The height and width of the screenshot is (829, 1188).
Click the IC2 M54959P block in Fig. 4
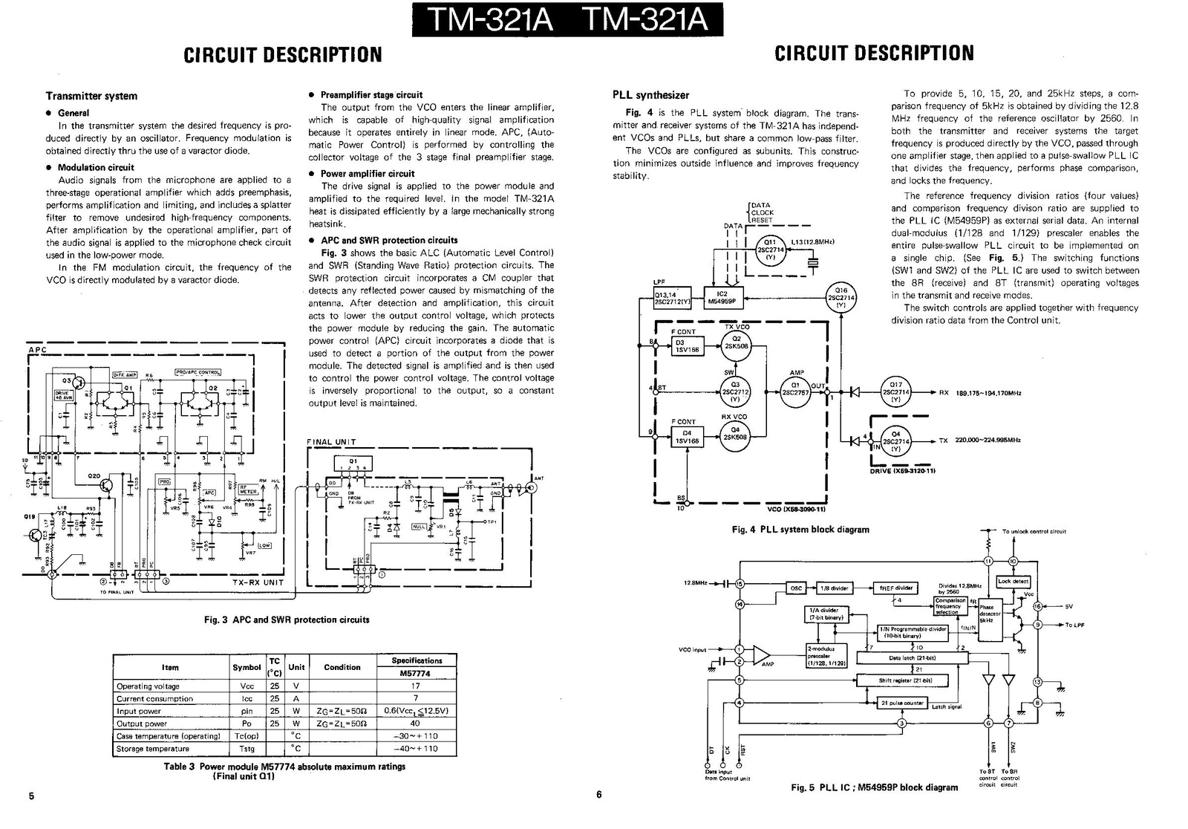click(721, 299)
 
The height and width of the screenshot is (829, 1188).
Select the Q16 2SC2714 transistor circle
click(841, 298)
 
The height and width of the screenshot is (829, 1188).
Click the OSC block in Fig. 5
click(796, 588)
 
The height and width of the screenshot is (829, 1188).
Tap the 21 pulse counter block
click(901, 703)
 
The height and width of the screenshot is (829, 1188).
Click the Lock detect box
click(1013, 582)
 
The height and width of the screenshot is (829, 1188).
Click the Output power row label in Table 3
click(142, 724)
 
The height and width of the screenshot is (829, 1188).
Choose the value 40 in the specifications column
click(415, 724)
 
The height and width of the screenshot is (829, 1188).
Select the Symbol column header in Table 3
click(247, 667)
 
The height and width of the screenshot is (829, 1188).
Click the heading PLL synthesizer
click(650, 95)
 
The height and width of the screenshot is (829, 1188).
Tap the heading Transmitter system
click(91, 96)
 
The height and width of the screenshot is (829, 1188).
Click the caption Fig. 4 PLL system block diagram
click(800, 530)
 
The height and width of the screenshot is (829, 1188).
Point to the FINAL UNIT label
click(331, 442)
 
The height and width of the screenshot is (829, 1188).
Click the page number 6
click(598, 794)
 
